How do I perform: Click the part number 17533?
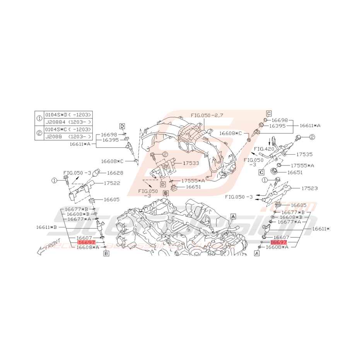click(191, 163)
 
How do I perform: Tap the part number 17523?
click(310, 188)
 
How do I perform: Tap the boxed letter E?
click(165, 193)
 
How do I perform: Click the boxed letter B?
click(106, 254)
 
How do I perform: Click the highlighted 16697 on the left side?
click(86, 242)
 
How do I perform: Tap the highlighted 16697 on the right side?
click(278, 242)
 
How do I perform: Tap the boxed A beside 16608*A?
click(256, 254)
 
